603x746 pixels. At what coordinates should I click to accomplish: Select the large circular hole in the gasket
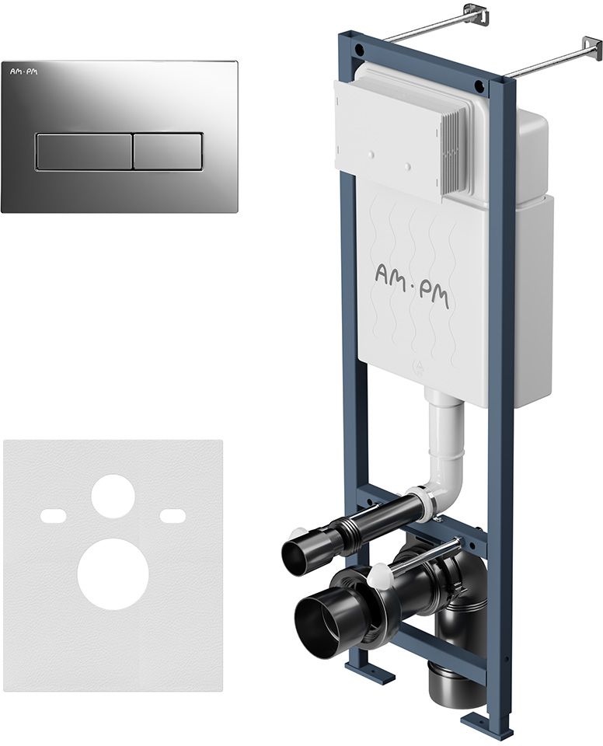click(113, 575)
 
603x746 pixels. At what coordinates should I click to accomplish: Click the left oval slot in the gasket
click(54, 515)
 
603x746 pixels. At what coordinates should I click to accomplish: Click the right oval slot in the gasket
click(173, 515)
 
